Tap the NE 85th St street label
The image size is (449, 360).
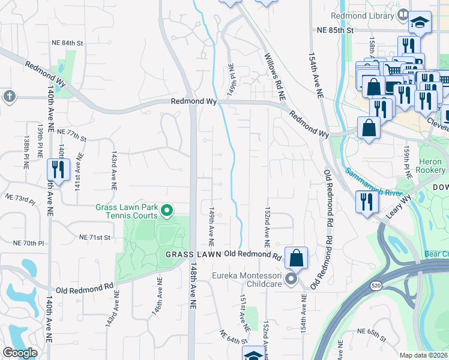[x=336, y=30]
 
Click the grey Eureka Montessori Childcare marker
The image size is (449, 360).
[x=291, y=278]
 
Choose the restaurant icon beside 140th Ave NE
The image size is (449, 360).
[x=58, y=169]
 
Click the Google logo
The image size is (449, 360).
[x=20, y=353]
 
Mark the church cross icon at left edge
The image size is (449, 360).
[x=8, y=96]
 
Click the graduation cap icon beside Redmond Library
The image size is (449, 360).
[x=420, y=23]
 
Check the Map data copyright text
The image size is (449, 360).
[x=424, y=355]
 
